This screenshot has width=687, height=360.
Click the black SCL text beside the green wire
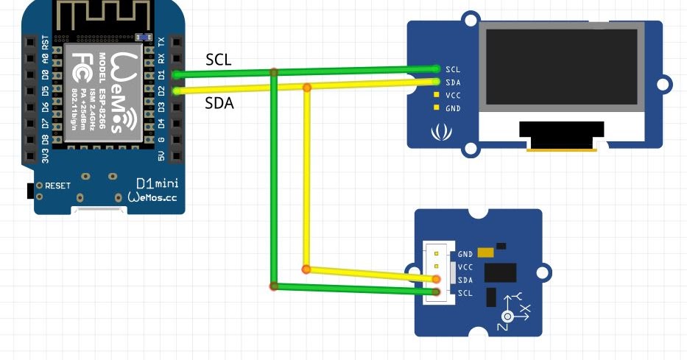[218, 60]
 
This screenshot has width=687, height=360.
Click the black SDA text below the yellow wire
[219, 104]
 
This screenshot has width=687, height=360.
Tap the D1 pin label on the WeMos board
[161, 74]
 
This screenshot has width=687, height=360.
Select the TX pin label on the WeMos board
[161, 42]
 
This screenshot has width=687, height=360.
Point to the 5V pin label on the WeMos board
[161, 155]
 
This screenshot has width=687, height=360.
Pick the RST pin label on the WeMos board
[46, 42]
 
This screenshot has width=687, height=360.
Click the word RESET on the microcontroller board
[57, 186]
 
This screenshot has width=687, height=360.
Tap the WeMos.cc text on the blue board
[152, 197]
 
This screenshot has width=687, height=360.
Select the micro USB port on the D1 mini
[96, 211]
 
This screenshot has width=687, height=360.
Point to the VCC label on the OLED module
[453, 95]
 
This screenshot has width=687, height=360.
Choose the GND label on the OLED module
[453, 108]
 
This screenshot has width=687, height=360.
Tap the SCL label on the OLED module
[453, 69]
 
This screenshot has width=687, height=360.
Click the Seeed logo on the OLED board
[441, 133]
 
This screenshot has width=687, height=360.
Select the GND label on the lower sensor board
[465, 254]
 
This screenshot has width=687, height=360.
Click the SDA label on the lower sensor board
[465, 280]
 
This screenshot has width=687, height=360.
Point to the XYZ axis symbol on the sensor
[513, 310]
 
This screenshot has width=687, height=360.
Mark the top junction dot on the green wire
[274, 72]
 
